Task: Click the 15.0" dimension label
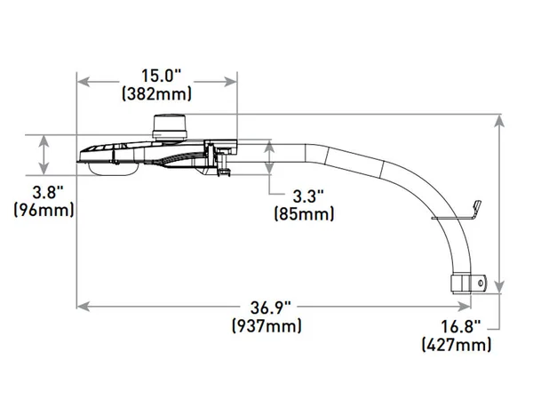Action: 161,76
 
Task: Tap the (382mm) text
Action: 156,94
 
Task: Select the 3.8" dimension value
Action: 48,193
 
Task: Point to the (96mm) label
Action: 44,211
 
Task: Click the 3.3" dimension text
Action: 308,196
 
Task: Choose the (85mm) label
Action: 304,214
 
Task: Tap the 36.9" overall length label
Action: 271,308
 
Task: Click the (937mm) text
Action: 266,326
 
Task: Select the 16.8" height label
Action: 461,327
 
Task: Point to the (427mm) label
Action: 457,345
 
